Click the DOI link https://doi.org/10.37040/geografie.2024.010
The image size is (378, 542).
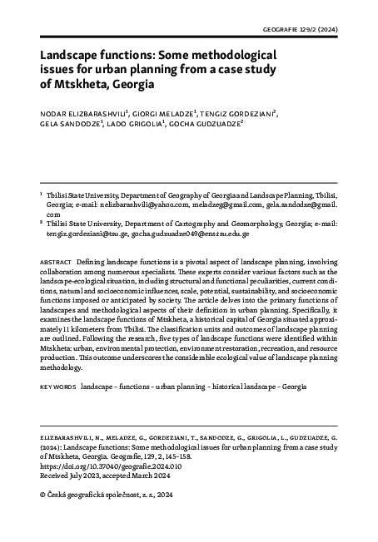pyautogui.click(x=122, y=467)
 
